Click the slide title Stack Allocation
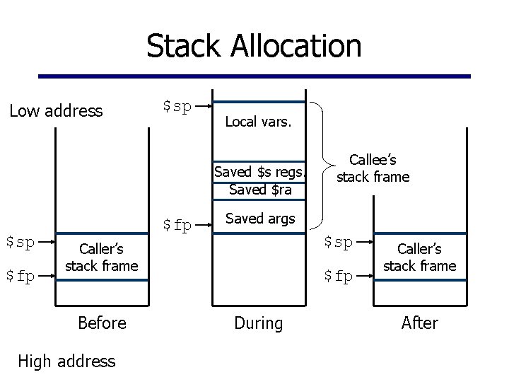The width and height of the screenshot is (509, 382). point(254,46)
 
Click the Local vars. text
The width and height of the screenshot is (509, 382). point(257,122)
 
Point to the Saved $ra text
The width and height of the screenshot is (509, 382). point(260,190)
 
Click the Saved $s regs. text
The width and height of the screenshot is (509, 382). point(260,173)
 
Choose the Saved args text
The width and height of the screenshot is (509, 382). point(259,219)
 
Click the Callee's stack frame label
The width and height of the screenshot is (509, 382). point(373,169)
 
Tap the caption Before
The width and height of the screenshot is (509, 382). point(102,323)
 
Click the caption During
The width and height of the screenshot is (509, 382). point(258,323)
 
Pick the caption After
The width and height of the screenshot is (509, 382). point(419,323)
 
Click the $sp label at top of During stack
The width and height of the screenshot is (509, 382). point(177,106)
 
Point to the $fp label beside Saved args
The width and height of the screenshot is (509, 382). point(177,225)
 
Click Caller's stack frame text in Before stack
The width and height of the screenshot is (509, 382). point(101,257)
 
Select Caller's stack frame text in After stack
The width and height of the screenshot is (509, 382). point(419,257)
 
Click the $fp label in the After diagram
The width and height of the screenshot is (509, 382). point(338,276)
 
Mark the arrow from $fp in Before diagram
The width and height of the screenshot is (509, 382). point(46,277)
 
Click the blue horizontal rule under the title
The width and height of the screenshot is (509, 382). point(254,76)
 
